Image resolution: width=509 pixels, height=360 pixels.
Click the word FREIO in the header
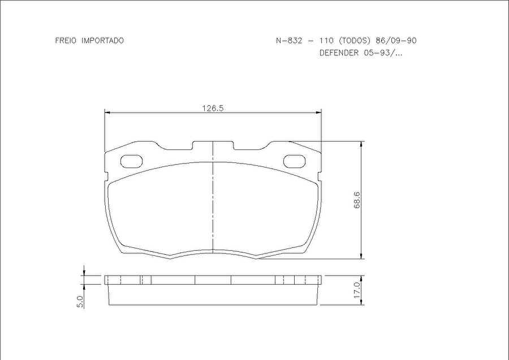click(66, 41)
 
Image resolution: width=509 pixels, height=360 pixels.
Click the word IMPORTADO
click(102, 41)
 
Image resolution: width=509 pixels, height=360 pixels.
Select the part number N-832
click(289, 41)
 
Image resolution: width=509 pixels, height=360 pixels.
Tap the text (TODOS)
click(354, 41)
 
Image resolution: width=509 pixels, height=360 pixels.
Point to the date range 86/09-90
click(396, 41)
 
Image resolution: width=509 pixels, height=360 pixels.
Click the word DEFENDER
click(339, 53)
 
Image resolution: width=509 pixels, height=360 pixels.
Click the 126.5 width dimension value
click(213, 108)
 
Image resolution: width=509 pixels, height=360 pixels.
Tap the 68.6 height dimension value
click(357, 200)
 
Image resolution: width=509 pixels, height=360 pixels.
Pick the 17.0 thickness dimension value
click(357, 290)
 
